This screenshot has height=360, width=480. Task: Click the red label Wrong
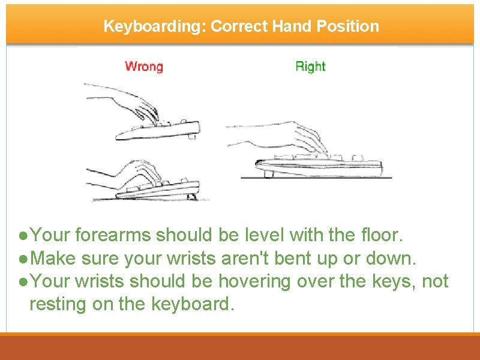pos(143,66)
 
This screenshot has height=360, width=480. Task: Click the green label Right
pos(310,66)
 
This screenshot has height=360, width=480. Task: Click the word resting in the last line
pos(58,304)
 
